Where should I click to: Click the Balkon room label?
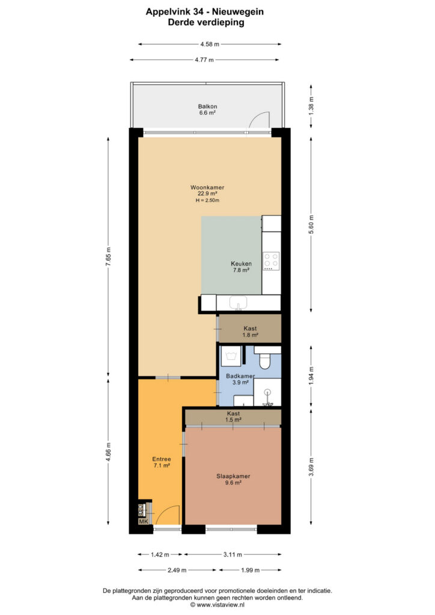click(207, 106)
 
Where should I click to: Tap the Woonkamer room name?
click(207, 187)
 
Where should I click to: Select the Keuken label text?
click(241, 264)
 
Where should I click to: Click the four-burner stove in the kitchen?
click(271, 261)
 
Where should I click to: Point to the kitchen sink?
click(238, 303)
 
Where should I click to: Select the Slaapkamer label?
click(233, 476)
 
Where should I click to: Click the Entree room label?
click(162, 459)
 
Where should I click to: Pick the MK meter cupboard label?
click(144, 521)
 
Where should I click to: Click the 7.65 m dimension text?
click(108, 257)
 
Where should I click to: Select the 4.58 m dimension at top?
click(210, 44)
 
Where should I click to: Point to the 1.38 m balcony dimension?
click(311, 106)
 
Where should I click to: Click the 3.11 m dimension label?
click(233, 554)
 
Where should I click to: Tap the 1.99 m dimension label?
click(251, 570)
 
